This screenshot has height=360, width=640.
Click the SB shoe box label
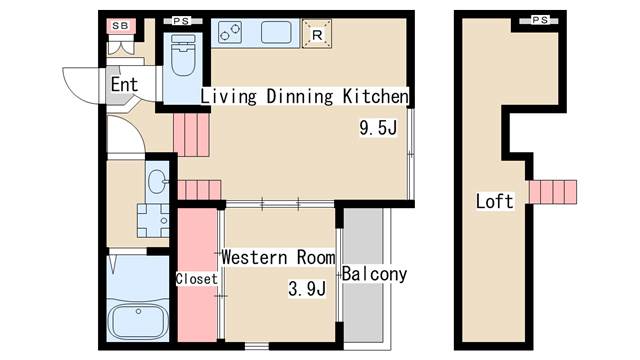pyautogui.click(x=120, y=26)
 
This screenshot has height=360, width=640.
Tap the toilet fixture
pyautogui.click(x=183, y=55)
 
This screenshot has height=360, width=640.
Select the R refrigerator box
pyautogui.click(x=317, y=34)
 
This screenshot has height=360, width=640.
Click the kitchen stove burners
pyautogui.click(x=229, y=32)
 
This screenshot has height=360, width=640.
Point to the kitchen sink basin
pyautogui.click(x=276, y=32)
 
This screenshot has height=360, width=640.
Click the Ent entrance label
pyautogui.click(x=124, y=84)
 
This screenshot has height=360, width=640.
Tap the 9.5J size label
pyautogui.click(x=378, y=128)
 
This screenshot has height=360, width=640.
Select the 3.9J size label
pyautogui.click(x=307, y=289)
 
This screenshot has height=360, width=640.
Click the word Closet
pyautogui.click(x=197, y=279)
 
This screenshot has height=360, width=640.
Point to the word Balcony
pyautogui.click(x=374, y=274)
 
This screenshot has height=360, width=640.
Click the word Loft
pyautogui.click(x=494, y=201)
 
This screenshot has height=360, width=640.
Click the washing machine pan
pyautogui.click(x=153, y=220)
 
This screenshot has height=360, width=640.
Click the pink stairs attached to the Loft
pyautogui.click(x=553, y=192)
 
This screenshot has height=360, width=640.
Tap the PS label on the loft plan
pyautogui.click(x=540, y=20)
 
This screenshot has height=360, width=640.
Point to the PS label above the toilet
pyautogui.click(x=181, y=21)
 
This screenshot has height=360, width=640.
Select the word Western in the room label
pyautogui.click(x=254, y=258)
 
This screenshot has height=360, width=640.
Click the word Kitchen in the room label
pyautogui.click(x=375, y=96)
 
